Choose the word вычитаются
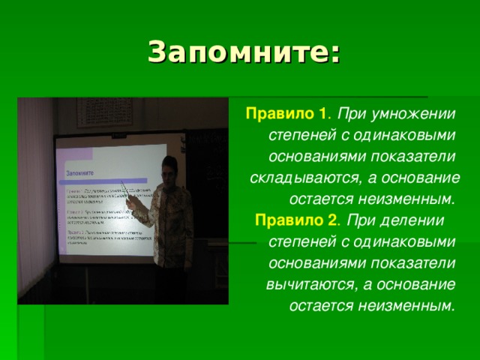point(311,285)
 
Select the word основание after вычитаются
point(414,285)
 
